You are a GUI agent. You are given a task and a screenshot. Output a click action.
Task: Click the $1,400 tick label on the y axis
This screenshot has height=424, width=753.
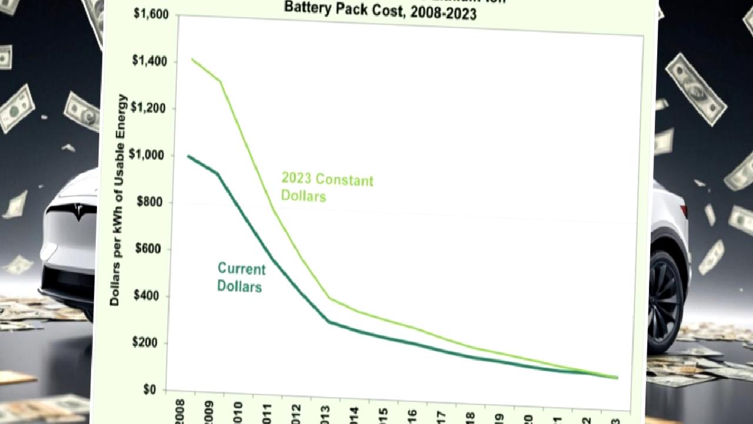tap(149, 61)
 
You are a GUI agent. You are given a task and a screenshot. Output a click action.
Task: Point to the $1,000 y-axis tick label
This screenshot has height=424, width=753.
tap(149, 155)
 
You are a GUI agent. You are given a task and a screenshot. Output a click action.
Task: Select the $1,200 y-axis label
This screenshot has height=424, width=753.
tap(149, 108)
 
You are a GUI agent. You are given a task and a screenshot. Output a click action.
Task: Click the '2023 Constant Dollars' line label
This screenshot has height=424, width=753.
tap(326, 187)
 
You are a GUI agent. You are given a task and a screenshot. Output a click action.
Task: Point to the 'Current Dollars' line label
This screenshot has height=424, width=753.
tap(241, 277)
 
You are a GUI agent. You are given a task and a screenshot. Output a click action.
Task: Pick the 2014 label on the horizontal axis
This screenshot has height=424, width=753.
tap(354, 415)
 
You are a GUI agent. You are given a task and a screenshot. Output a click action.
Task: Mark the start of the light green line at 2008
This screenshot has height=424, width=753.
tap(192, 59)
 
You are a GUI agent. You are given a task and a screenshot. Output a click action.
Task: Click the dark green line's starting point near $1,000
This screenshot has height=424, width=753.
tap(189, 156)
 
